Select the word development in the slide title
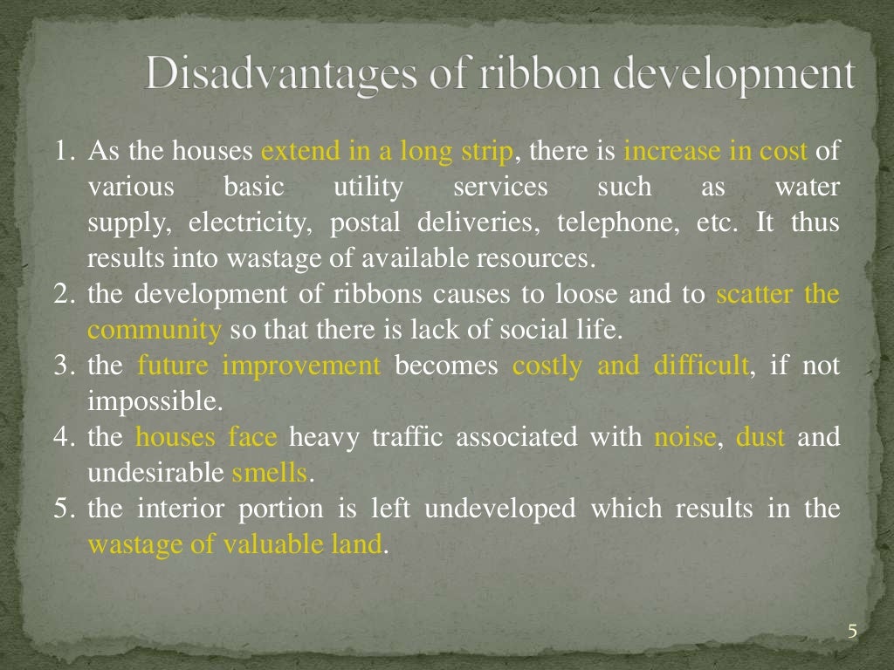pos(734,75)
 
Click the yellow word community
pos(155,331)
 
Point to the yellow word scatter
pos(753,295)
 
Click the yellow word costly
pos(547,366)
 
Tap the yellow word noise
pos(684,437)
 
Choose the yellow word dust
pos(760,437)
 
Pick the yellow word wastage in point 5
pos(129,545)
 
